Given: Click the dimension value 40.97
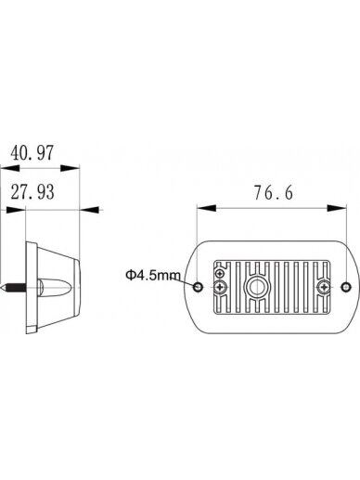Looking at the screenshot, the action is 32,152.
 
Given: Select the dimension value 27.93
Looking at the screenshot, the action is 32,192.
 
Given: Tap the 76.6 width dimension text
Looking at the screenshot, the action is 274,192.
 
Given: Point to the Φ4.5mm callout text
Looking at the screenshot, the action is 153,275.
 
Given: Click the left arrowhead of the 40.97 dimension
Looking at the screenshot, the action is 10,168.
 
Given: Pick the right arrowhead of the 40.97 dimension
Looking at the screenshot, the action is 71,168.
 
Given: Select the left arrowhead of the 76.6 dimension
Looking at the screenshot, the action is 206,208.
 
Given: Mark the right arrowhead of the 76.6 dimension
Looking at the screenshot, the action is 337,208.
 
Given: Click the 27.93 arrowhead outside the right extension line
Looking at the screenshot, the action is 90,210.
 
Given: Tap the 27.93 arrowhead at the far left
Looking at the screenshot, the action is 16,210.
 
